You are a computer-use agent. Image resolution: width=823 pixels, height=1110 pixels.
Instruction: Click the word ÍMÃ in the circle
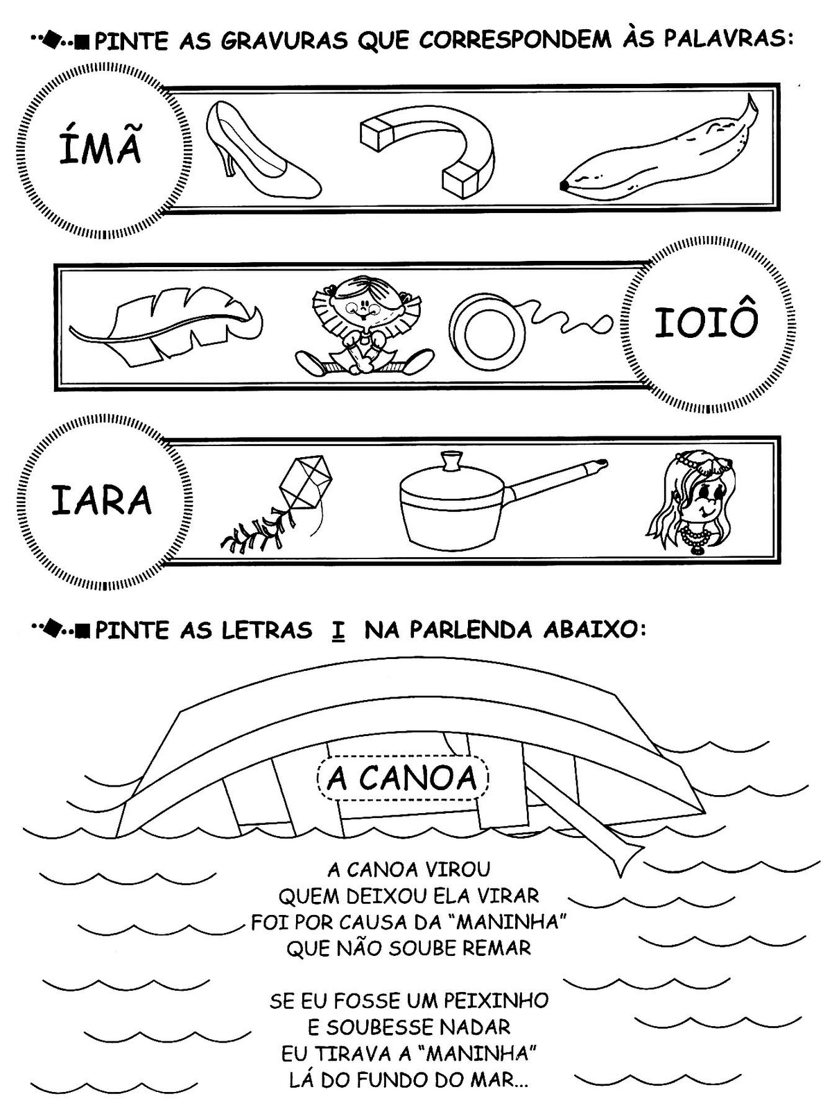point(100,146)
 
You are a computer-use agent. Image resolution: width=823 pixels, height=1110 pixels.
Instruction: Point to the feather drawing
point(165,325)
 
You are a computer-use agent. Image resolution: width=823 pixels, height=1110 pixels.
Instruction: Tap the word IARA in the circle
point(101,500)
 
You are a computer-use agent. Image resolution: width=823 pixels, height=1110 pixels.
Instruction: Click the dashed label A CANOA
point(402,778)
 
